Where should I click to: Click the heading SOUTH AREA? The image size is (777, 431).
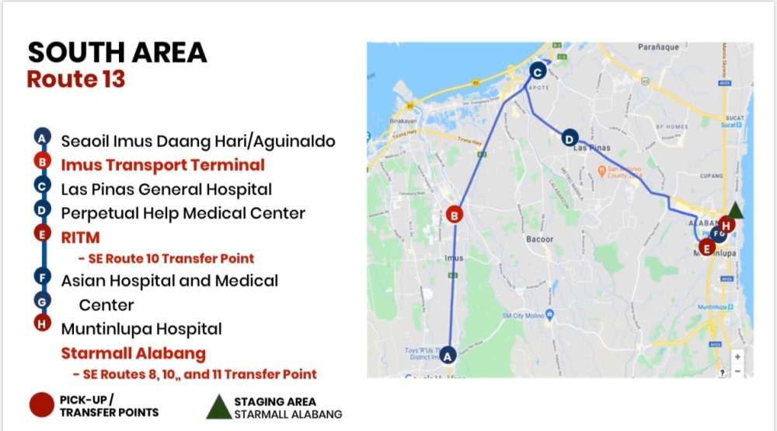(117, 52)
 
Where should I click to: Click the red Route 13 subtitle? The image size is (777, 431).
(75, 79)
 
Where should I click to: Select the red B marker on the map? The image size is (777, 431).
(456, 215)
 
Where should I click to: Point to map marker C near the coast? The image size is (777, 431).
(537, 72)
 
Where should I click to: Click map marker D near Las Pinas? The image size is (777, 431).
(570, 138)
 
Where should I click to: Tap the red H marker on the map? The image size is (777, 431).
(726, 225)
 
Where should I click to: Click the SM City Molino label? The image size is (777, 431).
(527, 315)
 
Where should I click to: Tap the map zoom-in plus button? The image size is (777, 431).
(737, 356)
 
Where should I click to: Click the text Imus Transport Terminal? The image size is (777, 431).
(163, 165)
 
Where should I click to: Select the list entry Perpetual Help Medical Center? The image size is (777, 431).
(183, 212)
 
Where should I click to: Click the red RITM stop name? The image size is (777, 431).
(80, 237)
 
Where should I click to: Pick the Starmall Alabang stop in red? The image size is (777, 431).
(134, 353)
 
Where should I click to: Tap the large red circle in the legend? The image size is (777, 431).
(41, 405)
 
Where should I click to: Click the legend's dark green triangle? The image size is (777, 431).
(218, 406)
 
